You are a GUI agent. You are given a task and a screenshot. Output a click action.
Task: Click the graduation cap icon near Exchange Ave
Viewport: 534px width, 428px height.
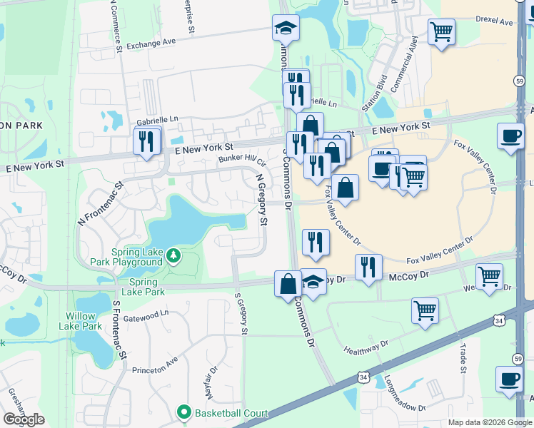[286, 29]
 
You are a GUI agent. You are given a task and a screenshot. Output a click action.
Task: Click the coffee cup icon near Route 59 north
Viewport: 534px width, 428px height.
[511, 136]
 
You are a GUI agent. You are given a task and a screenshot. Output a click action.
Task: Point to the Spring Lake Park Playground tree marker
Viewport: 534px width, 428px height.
[173, 255]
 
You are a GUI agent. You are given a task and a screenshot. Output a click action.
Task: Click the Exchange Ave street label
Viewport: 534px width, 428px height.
[151, 44]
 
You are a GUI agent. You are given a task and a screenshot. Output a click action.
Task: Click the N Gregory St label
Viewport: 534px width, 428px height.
[262, 202]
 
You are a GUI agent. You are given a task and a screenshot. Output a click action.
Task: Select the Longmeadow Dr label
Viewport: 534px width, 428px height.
[404, 394]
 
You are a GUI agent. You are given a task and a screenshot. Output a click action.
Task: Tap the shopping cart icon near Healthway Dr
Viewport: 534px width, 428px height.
[425, 310]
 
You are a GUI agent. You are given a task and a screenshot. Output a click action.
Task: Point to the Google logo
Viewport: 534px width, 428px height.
[24, 419]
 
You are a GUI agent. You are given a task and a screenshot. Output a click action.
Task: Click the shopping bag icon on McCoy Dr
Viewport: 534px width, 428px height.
[287, 283]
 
